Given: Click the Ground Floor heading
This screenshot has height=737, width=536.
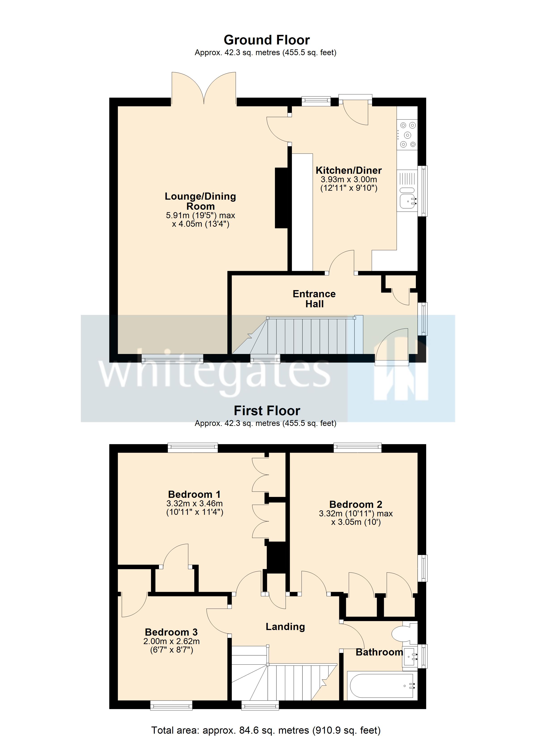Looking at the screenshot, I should [266, 40].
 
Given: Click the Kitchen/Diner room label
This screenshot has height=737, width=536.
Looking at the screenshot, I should [348, 170].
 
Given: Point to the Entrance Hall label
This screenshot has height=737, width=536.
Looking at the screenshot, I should [314, 299].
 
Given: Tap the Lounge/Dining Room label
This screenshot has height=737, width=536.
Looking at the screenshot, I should [200, 201].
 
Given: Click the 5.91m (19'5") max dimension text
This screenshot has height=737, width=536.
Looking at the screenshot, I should [200, 215].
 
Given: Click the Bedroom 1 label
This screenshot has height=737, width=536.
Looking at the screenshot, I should [194, 494].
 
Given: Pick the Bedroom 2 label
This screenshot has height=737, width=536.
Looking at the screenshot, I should [356, 504].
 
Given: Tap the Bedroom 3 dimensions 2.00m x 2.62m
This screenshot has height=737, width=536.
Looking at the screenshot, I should [171, 641].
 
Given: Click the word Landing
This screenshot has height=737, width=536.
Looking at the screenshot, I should [285, 626].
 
